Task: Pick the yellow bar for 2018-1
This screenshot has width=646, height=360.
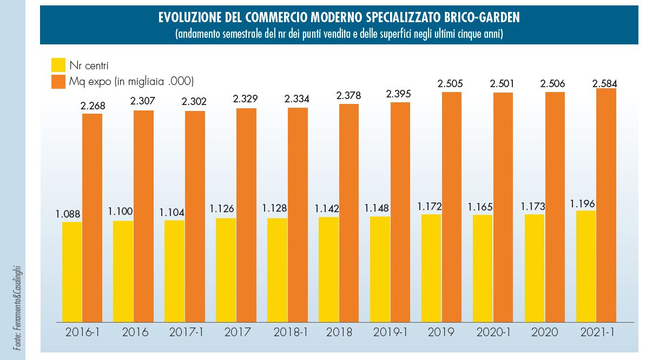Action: click(277, 270)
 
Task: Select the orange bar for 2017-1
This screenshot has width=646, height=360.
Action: click(195, 217)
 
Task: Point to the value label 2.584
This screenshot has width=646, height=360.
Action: click(604, 83)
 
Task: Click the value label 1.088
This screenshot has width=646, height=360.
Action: click(68, 213)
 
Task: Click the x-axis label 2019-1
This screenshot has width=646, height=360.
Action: click(390, 332)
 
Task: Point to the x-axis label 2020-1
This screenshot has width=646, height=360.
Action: click(493, 332)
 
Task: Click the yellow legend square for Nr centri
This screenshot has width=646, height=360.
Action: click(58, 65)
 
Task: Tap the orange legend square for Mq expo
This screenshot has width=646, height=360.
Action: click(58, 82)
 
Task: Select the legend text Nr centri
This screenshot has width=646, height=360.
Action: click(89, 66)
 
